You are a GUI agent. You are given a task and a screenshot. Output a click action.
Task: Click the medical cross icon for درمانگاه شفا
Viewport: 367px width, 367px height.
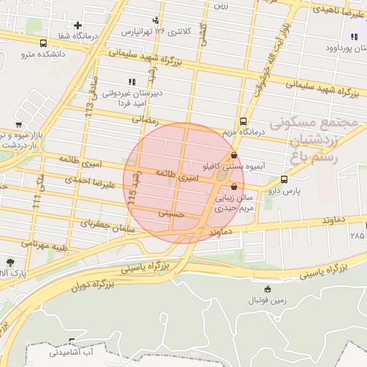(x=77, y=26)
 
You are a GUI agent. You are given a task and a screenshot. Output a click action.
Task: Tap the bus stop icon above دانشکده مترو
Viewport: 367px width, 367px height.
(x=44, y=43)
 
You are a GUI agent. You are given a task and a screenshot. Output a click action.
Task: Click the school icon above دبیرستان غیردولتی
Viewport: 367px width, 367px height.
(x=131, y=82)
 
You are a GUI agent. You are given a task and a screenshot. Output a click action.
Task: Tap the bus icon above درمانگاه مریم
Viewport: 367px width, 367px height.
(x=244, y=120)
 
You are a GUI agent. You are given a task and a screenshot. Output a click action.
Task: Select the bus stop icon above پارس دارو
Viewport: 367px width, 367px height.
(x=285, y=179)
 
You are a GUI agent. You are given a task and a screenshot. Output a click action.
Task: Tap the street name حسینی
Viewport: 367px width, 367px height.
(x=171, y=213)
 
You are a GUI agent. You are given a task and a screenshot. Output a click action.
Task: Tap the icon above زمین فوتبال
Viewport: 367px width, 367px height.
(x=268, y=289)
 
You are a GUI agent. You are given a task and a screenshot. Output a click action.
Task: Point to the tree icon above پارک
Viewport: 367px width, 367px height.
(x=10, y=262)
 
